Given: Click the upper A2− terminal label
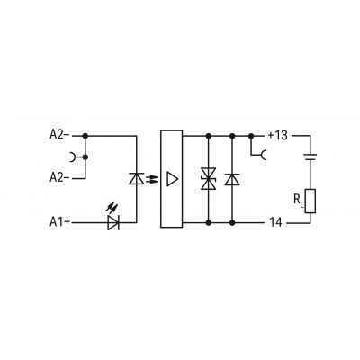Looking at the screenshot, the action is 59,135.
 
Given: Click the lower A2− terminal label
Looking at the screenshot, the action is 59,178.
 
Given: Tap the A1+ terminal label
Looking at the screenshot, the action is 60,222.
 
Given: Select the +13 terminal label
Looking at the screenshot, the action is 277,136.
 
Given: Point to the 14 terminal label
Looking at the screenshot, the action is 275,222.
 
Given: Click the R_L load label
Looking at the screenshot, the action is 299,200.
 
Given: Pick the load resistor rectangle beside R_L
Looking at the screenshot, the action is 310,201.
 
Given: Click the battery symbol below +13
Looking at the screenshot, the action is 310,157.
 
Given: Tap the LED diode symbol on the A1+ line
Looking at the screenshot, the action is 113,223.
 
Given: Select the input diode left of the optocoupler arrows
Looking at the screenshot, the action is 137,179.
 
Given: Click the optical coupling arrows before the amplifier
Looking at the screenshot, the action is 152,179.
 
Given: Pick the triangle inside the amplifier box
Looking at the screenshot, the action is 172,179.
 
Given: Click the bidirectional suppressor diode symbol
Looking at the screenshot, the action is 209,179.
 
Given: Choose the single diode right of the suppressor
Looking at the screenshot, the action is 232,179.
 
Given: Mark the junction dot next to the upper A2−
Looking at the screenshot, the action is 85,136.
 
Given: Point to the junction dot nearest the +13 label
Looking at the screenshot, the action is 251,136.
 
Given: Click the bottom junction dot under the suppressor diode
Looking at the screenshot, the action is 209,223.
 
